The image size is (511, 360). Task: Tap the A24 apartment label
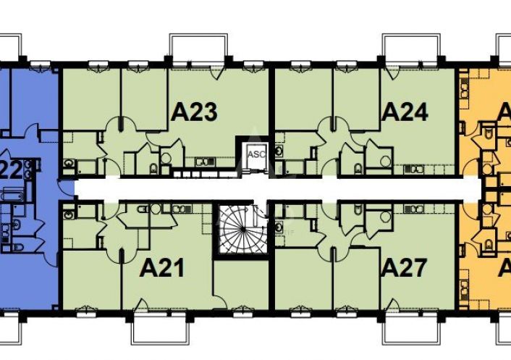point(405,112)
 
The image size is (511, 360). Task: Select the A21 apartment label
point(162,268)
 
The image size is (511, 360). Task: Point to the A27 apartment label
point(405,268)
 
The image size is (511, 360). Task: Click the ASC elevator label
point(256,154)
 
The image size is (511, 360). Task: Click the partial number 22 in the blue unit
point(10,171)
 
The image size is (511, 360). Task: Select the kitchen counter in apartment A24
point(417,162)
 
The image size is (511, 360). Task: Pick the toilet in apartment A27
point(360,211)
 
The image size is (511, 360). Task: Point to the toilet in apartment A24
point(358,169)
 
